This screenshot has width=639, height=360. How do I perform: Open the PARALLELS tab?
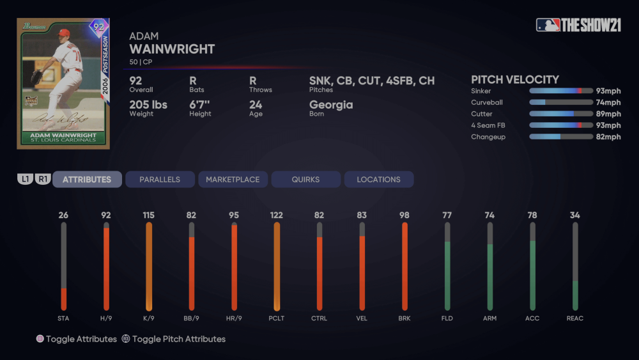(160, 180)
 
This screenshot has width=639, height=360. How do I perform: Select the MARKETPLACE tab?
(233, 180)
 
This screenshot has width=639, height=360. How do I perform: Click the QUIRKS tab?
(305, 180)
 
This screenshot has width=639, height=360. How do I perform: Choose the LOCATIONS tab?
(378, 180)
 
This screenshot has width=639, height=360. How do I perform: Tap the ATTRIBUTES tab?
(87, 180)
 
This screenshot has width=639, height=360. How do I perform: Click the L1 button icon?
(25, 180)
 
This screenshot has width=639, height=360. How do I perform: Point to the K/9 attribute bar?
(149, 267)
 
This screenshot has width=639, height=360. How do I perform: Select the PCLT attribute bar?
(277, 267)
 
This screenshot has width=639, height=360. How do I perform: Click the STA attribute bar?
(63, 267)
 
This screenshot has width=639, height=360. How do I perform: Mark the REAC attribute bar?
(575, 267)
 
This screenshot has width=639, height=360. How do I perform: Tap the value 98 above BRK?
(404, 215)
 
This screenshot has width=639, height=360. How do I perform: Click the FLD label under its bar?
(447, 318)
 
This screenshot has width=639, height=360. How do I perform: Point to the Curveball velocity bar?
(560, 102)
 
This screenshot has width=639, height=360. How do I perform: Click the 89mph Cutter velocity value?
(608, 114)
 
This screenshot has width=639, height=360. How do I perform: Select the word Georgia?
(331, 105)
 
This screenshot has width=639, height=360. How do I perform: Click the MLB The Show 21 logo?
(579, 25)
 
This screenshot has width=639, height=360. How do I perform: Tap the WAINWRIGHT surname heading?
(172, 49)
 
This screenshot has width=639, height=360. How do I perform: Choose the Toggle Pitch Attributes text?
(179, 339)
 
